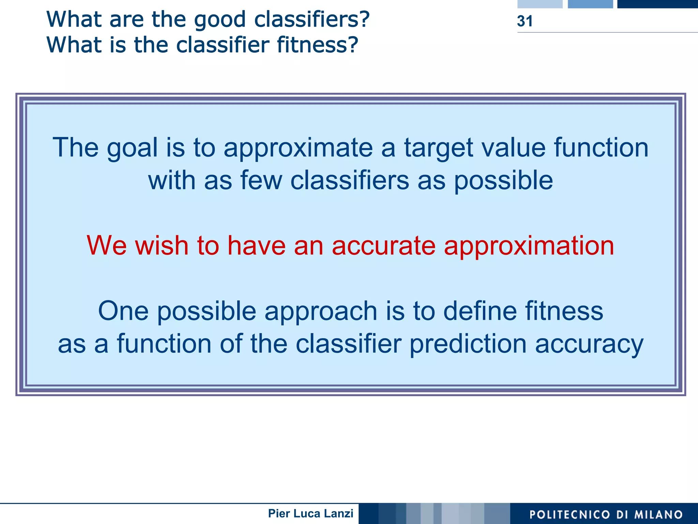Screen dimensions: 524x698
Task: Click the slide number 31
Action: tap(525, 21)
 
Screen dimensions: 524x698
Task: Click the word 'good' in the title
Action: tap(220, 19)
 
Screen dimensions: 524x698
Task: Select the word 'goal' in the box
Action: tap(132, 148)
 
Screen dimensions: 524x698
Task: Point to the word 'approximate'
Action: tap(298, 148)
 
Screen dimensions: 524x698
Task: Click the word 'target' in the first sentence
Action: tap(439, 148)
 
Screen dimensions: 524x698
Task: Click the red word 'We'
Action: tap(106, 245)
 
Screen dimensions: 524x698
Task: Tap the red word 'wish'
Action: tap(162, 245)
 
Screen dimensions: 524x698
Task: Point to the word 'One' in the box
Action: tap(123, 311)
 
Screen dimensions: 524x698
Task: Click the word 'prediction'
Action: tap(468, 344)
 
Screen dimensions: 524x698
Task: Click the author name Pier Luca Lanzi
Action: tap(310, 513)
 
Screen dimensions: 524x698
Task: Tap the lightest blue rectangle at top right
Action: tap(540, 4)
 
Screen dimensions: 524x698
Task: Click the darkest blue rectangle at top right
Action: tap(657, 4)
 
